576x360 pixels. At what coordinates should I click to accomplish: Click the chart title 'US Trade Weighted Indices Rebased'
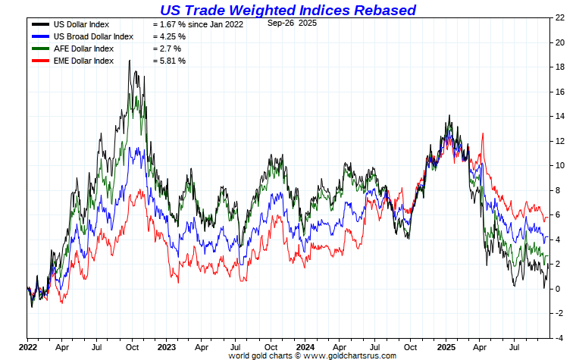(287, 10)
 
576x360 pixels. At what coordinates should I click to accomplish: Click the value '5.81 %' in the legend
(169, 61)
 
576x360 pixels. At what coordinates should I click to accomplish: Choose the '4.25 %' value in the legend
(169, 36)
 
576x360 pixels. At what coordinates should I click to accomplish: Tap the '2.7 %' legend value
(166, 49)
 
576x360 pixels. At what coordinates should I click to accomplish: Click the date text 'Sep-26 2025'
(293, 23)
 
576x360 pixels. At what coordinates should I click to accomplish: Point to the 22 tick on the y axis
(559, 17)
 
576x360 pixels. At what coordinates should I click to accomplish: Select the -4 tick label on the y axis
(559, 337)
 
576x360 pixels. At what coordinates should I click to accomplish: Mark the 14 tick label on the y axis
(559, 116)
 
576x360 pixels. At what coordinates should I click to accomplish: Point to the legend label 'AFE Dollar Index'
(84, 49)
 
